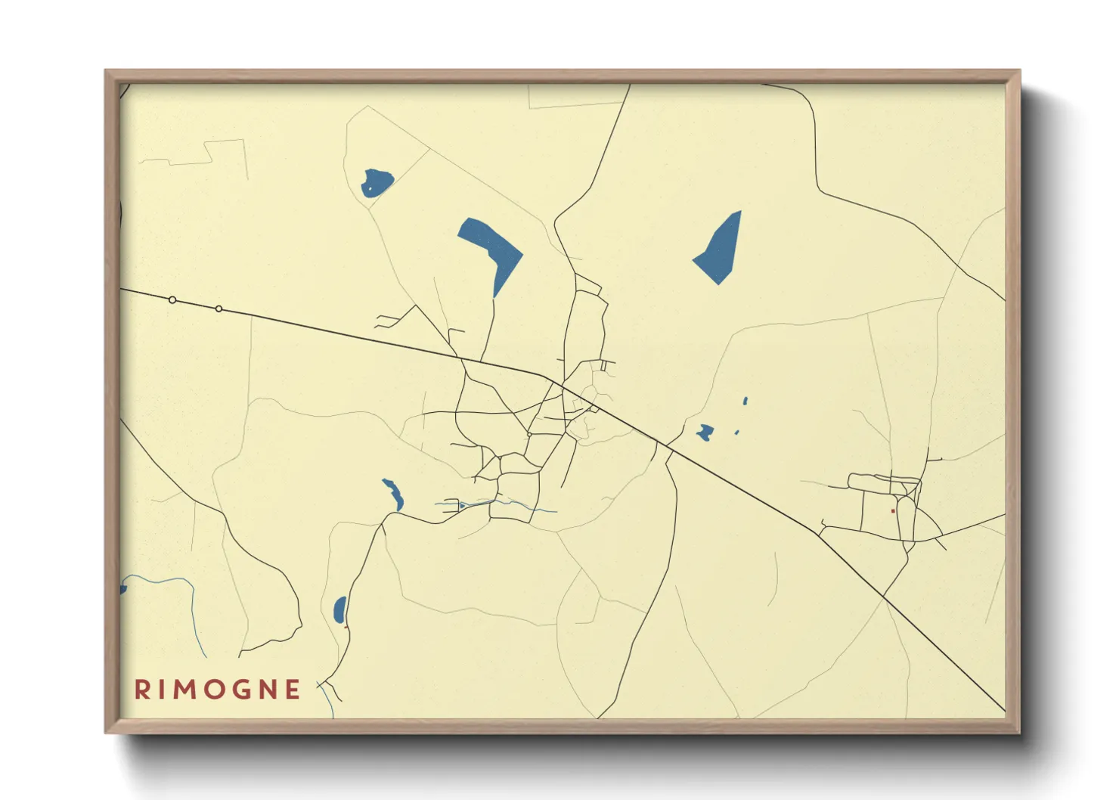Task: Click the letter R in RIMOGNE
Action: pos(141,690)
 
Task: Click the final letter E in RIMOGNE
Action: pos(294,690)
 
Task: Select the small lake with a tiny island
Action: pos(377,182)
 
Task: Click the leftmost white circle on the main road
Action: pos(172,300)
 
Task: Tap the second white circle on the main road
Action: pos(219,309)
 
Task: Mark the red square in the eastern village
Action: pos(893,511)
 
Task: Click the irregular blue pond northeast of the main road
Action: pos(705,433)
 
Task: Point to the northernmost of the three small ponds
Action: pos(745,401)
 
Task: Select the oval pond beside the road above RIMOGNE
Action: pos(339,609)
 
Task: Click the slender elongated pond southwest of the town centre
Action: pos(393,495)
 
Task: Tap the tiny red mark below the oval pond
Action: pos(346,627)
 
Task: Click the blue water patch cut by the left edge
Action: pos(123,589)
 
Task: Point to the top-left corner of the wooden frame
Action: pos(106,70)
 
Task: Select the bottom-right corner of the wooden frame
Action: pos(1019,732)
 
